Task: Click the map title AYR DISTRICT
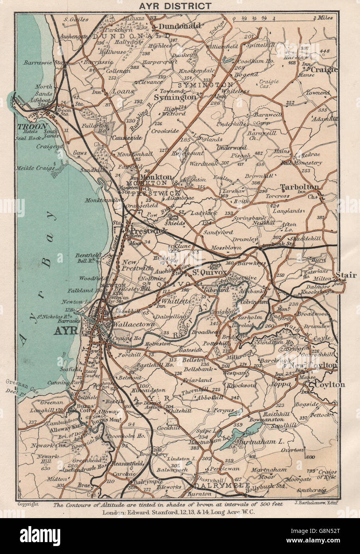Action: click(x=180, y=6)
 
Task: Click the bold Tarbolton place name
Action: click(x=299, y=187)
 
